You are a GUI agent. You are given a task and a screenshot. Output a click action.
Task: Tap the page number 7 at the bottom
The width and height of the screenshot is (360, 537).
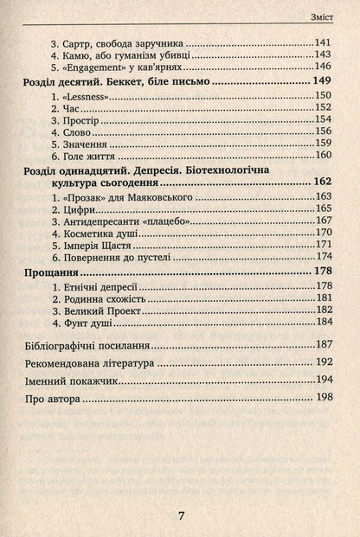click(181, 515)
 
